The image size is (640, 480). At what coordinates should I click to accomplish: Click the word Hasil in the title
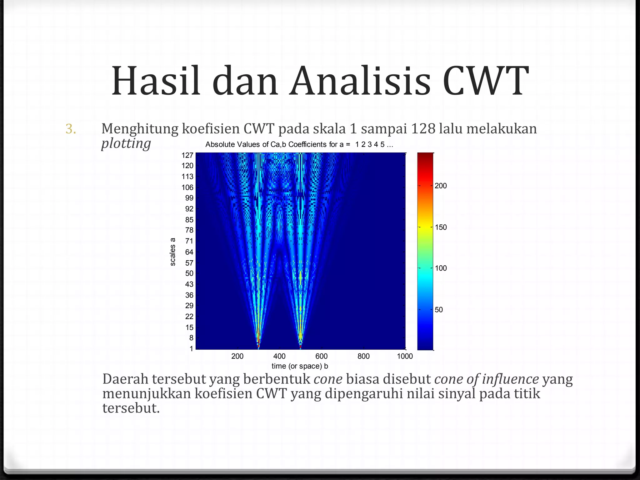[x=156, y=81]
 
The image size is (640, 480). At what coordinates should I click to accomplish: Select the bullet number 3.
[x=71, y=129]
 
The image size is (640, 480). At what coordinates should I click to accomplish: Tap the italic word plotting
[x=126, y=144]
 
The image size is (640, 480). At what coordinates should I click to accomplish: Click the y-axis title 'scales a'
[x=172, y=252]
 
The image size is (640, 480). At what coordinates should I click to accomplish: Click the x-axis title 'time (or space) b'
[x=300, y=366]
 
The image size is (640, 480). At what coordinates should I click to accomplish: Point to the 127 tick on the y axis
[x=187, y=155]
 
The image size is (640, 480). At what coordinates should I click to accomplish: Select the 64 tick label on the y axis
[x=189, y=252]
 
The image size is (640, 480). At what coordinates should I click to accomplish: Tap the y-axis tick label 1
[x=191, y=349]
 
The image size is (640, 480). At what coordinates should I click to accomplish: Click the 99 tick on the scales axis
[x=189, y=198]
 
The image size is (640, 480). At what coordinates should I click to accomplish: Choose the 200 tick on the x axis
[x=237, y=356]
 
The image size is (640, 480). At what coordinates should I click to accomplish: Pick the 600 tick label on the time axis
[x=321, y=356]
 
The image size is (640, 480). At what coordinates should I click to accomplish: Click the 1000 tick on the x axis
[x=405, y=356]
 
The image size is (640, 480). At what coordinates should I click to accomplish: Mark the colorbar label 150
[x=441, y=227]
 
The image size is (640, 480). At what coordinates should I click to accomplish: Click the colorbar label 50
[x=439, y=310]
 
